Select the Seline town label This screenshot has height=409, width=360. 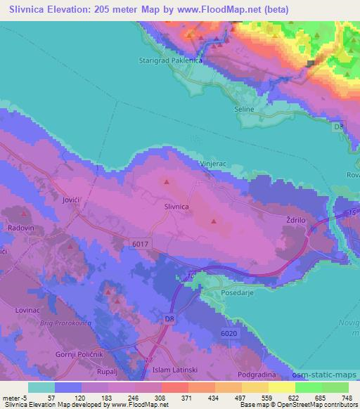coord(243,110)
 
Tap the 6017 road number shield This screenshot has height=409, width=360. coord(140,242)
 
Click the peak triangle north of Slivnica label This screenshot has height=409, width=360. coord(167,182)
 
